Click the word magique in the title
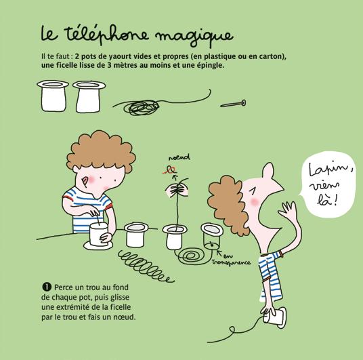click(x=194, y=37)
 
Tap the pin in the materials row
click(x=233, y=104)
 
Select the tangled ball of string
click(x=142, y=107)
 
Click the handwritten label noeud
click(x=179, y=157)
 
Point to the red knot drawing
click(x=170, y=170)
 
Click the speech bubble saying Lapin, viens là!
click(x=328, y=185)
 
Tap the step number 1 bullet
click(x=47, y=287)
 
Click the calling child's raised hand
click(x=288, y=209)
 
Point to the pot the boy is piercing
click(x=98, y=234)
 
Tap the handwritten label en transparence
click(x=232, y=260)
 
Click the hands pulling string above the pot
click(x=177, y=189)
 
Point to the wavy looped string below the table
click(x=146, y=266)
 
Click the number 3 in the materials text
click(x=109, y=65)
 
